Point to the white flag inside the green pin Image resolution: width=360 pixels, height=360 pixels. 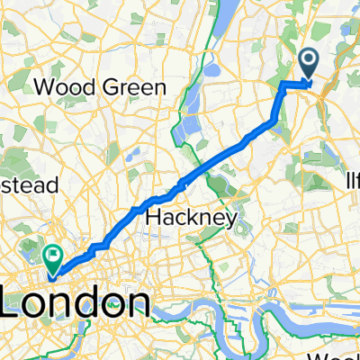pos(54,256)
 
